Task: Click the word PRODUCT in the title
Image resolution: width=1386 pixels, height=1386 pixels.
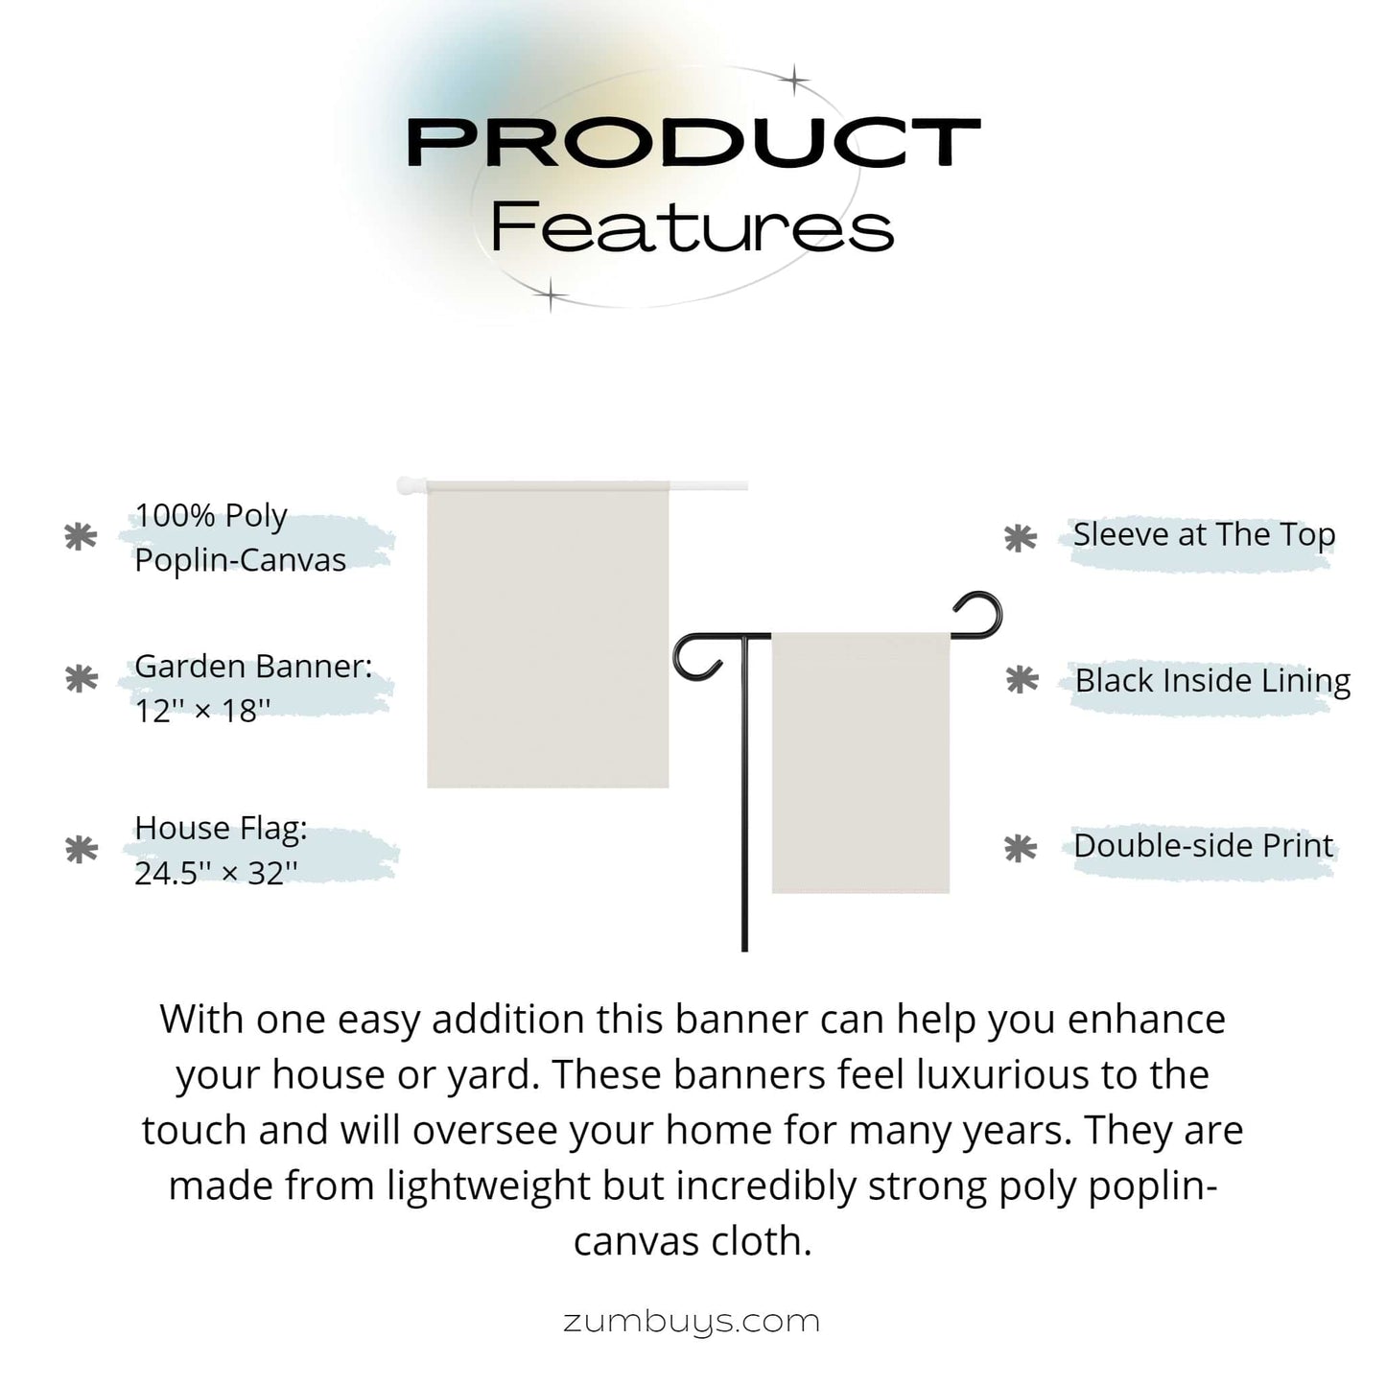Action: tap(693, 142)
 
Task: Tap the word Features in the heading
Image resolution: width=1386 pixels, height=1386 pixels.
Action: tap(692, 227)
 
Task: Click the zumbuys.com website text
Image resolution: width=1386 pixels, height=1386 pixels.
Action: tap(692, 1323)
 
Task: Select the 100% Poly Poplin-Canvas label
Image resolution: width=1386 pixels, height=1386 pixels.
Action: tap(240, 537)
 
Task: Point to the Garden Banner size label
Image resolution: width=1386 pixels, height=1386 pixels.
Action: tap(253, 689)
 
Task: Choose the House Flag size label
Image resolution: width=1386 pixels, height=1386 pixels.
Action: tap(221, 850)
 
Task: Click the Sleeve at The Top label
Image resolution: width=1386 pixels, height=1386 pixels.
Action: tap(1204, 535)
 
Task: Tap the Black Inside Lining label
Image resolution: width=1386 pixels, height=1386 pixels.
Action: tap(1212, 681)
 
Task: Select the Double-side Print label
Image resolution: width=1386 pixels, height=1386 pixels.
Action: tap(1204, 846)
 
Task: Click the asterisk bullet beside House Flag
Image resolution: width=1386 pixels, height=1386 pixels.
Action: tap(82, 850)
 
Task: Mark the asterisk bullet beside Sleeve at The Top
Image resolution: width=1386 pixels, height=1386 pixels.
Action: tap(1021, 538)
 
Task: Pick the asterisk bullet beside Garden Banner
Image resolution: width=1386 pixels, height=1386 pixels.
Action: tap(82, 678)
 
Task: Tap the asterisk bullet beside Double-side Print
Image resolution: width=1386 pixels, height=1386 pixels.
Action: tap(1021, 848)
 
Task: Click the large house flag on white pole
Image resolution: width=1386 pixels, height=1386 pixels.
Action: tap(548, 634)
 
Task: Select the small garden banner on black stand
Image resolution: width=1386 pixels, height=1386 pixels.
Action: tap(861, 763)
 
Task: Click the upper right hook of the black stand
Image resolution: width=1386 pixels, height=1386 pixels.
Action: tap(979, 616)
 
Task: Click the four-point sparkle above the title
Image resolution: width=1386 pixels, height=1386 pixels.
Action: tap(794, 80)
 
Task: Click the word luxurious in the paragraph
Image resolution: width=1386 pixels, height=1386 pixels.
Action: tap(1000, 1075)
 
